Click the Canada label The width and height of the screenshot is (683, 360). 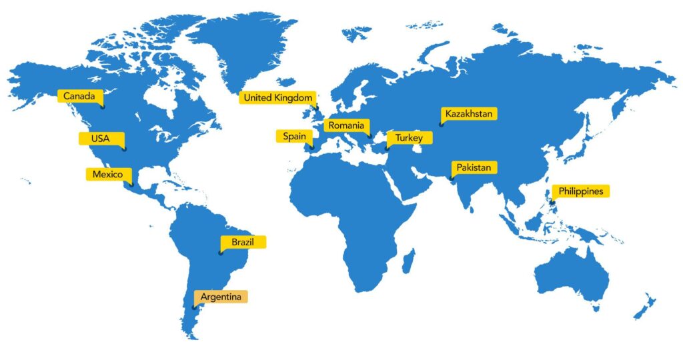point(79,97)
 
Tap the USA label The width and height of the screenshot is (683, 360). point(99,139)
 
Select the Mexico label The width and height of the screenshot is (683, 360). point(107,175)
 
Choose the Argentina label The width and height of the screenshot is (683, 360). point(221,297)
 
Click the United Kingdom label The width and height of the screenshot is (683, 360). point(277,98)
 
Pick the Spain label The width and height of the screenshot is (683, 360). point(294,136)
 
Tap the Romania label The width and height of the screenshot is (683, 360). point(346,125)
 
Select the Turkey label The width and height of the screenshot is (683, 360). point(409,137)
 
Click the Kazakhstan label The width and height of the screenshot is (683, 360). point(469,114)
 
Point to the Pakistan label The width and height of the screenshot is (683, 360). point(474,167)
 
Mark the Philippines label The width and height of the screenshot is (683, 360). point(581,191)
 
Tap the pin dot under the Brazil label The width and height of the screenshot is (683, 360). point(221,253)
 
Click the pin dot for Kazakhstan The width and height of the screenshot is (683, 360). point(441,125)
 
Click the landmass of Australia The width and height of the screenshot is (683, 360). point(574,273)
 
